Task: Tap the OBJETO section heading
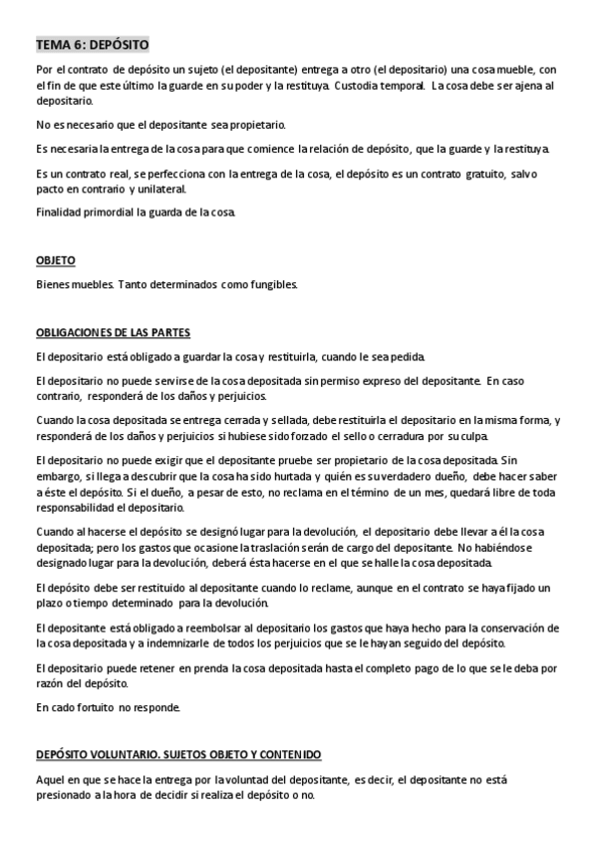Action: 55,260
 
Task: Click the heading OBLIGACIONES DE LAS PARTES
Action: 113,332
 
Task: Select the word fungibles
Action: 268,284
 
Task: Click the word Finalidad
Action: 62,212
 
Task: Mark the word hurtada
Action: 262,477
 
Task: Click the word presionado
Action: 65,794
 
